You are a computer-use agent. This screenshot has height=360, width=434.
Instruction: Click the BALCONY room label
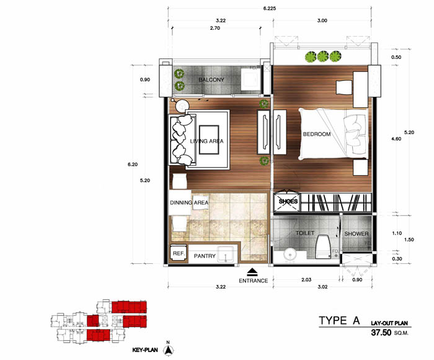click(x=211, y=80)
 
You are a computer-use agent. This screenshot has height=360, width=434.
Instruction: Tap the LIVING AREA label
click(x=206, y=141)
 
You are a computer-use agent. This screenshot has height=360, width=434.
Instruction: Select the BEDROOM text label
click(x=317, y=134)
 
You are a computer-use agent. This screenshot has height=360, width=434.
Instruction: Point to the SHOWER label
click(x=356, y=234)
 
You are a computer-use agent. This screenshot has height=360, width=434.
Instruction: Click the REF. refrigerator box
click(x=179, y=253)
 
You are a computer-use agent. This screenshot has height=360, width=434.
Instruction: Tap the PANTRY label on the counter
click(x=205, y=256)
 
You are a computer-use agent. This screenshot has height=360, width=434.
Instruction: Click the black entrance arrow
click(x=252, y=272)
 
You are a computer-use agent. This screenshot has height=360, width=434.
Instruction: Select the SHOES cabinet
click(x=287, y=201)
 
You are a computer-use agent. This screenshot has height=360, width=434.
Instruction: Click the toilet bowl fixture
click(x=323, y=246)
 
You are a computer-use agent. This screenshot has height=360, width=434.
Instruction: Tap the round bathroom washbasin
click(x=290, y=254)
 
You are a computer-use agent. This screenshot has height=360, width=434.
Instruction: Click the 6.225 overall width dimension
click(x=269, y=8)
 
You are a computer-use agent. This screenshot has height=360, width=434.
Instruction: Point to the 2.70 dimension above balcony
click(x=215, y=28)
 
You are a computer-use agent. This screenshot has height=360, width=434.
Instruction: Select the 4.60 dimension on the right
click(x=396, y=139)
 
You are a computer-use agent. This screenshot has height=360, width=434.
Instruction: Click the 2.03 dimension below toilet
click(x=306, y=280)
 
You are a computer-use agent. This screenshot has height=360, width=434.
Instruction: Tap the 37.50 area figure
click(x=381, y=332)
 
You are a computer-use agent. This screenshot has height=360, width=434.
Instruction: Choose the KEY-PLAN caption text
click(x=145, y=350)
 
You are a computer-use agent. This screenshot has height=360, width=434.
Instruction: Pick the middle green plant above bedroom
click(x=323, y=56)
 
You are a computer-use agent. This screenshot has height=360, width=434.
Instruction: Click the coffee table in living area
click(x=209, y=140)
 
